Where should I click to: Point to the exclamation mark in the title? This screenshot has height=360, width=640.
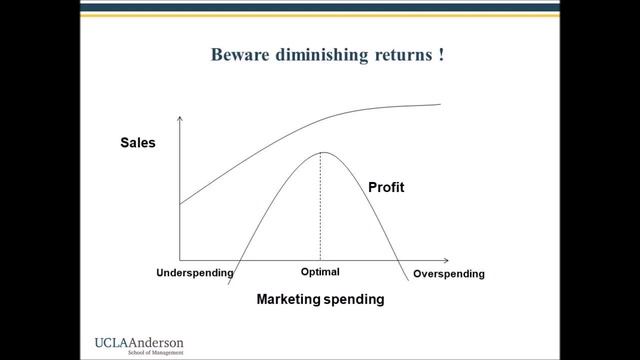(x=441, y=54)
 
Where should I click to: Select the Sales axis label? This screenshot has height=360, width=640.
(x=138, y=143)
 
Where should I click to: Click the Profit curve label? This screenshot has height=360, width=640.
(x=385, y=187)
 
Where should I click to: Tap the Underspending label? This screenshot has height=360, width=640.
(x=195, y=273)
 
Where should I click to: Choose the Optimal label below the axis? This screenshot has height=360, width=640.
(x=320, y=272)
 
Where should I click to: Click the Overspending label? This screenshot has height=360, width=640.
(x=448, y=274)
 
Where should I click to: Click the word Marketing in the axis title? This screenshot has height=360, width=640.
(x=289, y=299)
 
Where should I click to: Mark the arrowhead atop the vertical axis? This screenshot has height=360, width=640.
(x=180, y=120)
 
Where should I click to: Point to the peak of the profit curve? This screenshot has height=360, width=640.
(x=320, y=152)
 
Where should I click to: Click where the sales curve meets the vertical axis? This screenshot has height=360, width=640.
(x=180, y=204)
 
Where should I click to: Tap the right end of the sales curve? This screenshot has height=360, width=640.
(x=440, y=104)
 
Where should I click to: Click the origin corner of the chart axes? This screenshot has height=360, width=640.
(x=180, y=259)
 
